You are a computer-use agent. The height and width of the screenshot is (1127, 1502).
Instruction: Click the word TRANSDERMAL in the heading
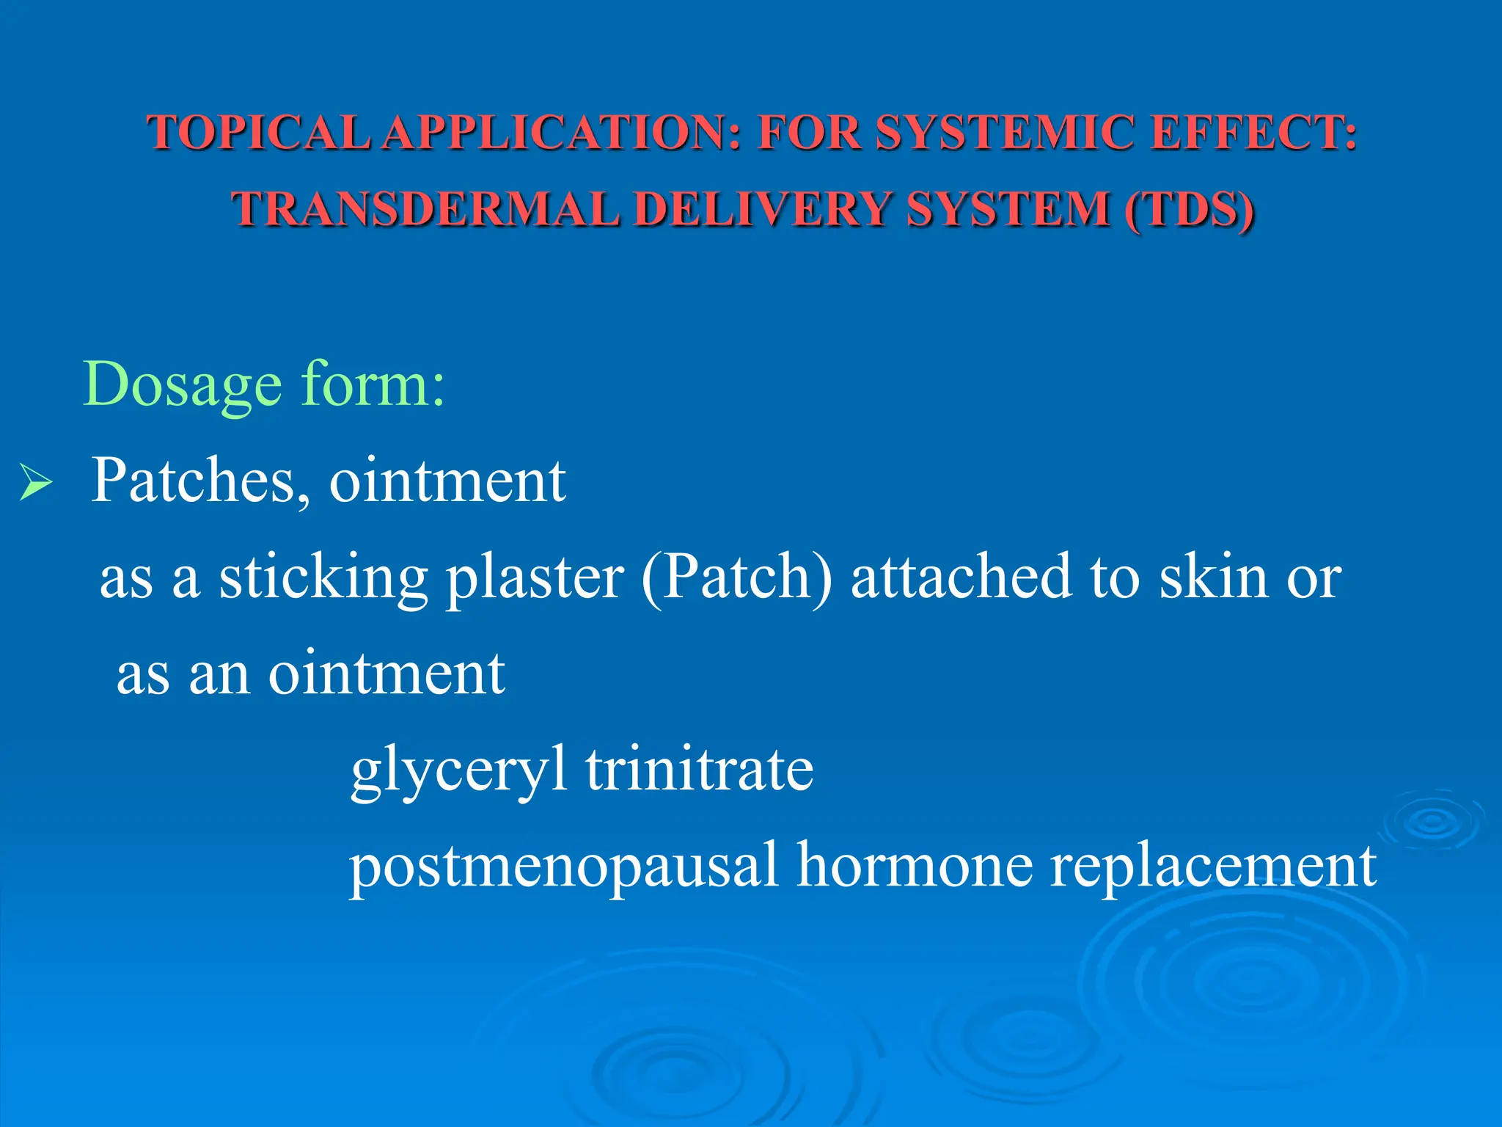click(426, 209)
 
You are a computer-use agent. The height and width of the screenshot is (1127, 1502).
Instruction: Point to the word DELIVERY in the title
click(762, 209)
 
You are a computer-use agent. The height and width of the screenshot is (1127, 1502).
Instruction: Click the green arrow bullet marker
click(35, 483)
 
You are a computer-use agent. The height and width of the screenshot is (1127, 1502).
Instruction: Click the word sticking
click(323, 578)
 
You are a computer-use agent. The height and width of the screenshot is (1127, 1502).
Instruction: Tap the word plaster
click(535, 578)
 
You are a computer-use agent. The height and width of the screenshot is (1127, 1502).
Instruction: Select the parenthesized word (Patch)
click(737, 578)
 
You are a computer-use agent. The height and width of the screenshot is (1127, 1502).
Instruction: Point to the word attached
click(961, 577)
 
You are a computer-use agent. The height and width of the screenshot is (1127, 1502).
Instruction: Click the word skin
click(1214, 577)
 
